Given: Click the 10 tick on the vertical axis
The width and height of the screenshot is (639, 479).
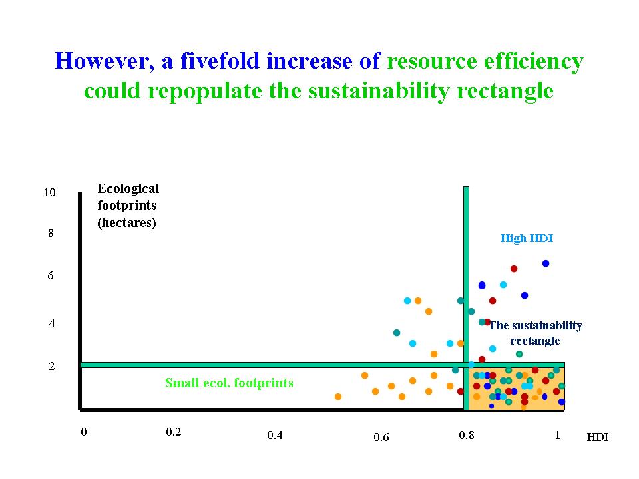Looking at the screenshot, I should click(x=49, y=193).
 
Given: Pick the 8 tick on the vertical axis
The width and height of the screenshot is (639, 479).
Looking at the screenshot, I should click(x=50, y=234).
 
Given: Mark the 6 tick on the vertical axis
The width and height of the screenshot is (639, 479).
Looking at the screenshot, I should click(x=50, y=276).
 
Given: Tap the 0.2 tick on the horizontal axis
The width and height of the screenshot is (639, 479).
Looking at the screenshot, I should click(x=173, y=432).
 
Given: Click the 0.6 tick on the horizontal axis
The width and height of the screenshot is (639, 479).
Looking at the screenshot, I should click(x=381, y=437).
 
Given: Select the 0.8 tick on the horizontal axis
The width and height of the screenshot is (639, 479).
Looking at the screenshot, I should click(x=467, y=435).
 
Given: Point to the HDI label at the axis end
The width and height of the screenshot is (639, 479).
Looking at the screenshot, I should click(x=597, y=437).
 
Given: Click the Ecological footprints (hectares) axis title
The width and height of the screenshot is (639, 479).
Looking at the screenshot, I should click(x=128, y=206).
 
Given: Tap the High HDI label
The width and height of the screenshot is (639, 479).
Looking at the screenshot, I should click(x=527, y=238).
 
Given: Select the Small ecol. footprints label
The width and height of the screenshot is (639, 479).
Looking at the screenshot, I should click(x=229, y=383).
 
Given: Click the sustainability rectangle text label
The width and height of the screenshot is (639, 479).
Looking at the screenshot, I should click(x=535, y=333).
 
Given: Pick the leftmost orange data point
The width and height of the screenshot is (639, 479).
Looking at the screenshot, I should click(x=338, y=397).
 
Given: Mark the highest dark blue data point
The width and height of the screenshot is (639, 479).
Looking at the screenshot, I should click(x=546, y=263).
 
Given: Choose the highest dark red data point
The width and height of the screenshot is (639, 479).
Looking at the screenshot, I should click(x=514, y=269).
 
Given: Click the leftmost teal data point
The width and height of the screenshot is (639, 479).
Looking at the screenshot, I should click(x=397, y=333).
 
